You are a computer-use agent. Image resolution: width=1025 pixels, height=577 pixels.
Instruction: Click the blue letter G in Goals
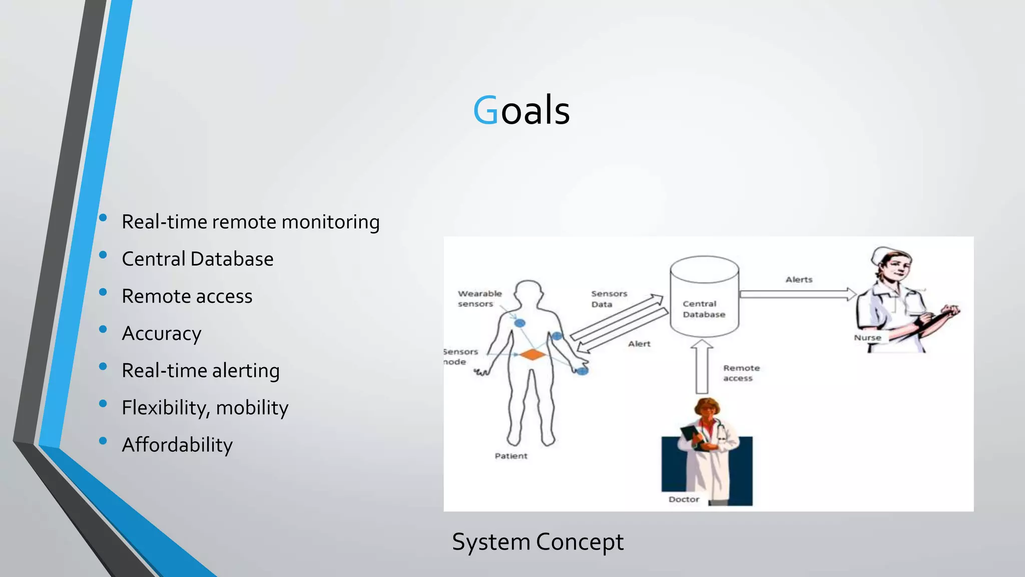485,111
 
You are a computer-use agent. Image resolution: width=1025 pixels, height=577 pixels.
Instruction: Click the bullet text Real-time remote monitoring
250,222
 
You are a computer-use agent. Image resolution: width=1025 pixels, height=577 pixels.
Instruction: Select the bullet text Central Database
197,259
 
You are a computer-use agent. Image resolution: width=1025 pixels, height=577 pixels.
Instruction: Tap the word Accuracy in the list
161,334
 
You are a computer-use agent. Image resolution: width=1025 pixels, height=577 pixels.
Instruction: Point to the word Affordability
177,445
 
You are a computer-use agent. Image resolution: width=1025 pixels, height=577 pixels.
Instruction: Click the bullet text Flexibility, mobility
205,408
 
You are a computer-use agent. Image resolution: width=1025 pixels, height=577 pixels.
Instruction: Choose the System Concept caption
538,542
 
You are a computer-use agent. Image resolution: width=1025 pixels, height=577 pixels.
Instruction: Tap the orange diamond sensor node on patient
533,355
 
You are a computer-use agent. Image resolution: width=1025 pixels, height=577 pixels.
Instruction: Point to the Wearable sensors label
479,299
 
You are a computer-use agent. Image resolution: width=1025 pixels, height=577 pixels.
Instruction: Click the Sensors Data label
609,299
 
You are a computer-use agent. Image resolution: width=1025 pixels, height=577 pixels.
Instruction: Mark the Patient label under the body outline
510,456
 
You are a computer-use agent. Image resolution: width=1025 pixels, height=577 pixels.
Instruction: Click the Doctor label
684,499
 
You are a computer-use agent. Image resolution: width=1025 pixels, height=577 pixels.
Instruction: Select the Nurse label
867,338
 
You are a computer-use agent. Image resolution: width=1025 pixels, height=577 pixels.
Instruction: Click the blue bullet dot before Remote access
103,292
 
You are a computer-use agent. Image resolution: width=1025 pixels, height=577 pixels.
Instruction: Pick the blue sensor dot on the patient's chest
520,323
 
